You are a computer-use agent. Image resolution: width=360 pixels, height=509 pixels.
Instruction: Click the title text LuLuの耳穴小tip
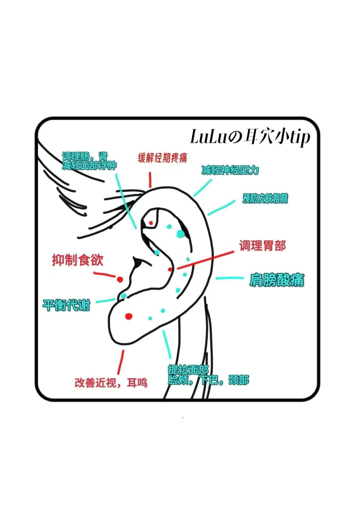pyautogui.click(x=250, y=137)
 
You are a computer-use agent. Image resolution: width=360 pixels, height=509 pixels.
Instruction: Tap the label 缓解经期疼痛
pyautogui.click(x=162, y=158)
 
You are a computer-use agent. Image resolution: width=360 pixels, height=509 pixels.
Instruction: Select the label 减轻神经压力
pyautogui.click(x=230, y=170)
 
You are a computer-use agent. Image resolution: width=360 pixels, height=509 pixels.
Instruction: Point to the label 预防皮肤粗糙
pyautogui.click(x=265, y=199)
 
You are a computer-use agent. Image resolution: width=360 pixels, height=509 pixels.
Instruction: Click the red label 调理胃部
pyautogui.click(x=262, y=246)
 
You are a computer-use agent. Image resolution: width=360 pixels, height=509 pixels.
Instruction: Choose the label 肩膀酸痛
pyautogui.click(x=276, y=280)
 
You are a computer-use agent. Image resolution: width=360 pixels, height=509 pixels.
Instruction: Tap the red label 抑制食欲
pyautogui.click(x=78, y=260)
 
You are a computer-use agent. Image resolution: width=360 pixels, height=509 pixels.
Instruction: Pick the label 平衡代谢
pyautogui.click(x=66, y=305)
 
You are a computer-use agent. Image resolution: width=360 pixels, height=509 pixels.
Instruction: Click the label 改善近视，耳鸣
pyautogui.click(x=111, y=382)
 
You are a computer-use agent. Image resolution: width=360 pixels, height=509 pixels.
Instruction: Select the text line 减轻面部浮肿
pyautogui.click(x=89, y=166)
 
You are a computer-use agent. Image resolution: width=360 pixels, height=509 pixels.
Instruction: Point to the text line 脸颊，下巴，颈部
pyautogui.click(x=208, y=380)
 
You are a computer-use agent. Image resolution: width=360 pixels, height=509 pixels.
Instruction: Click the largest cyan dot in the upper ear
pyautogui.click(x=180, y=234)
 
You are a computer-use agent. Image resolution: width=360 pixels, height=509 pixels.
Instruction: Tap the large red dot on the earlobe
pyautogui.click(x=129, y=316)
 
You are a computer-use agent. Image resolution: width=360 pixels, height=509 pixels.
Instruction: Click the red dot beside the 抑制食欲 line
pyautogui.click(x=120, y=280)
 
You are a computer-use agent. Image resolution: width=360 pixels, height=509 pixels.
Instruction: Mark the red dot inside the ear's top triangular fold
pyautogui.click(x=151, y=223)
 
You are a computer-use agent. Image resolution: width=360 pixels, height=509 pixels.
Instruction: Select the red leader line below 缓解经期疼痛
pyautogui.click(x=150, y=180)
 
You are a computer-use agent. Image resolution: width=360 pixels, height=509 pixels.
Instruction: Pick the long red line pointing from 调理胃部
pyautogui.click(x=205, y=260)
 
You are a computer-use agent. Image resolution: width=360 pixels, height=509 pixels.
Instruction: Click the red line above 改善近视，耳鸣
pyautogui.click(x=121, y=362)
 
